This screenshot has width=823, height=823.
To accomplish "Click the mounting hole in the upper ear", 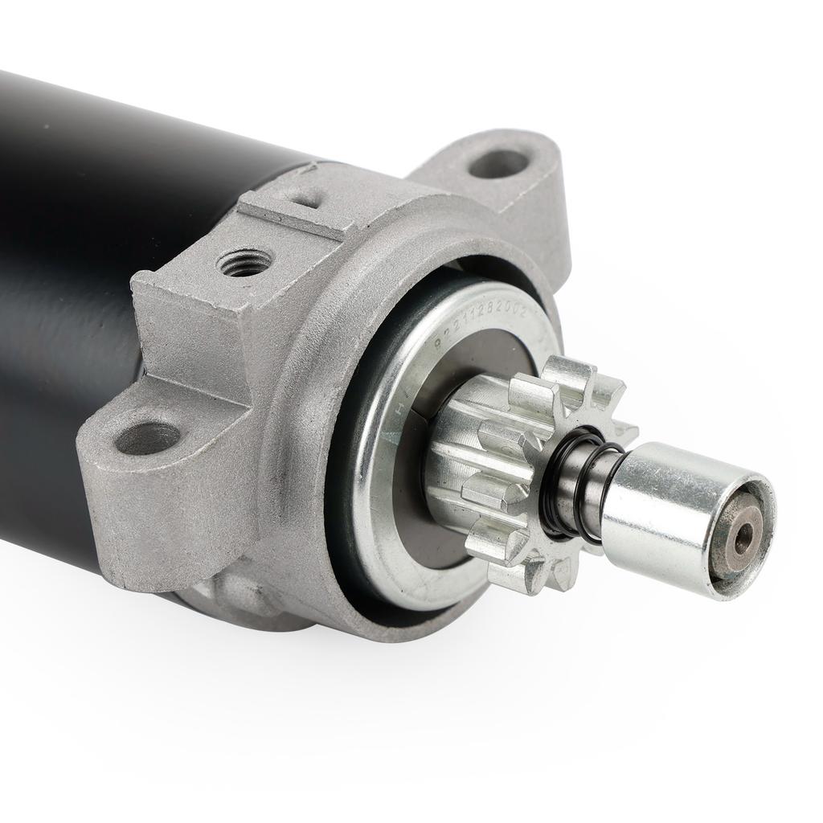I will click(x=499, y=163).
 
